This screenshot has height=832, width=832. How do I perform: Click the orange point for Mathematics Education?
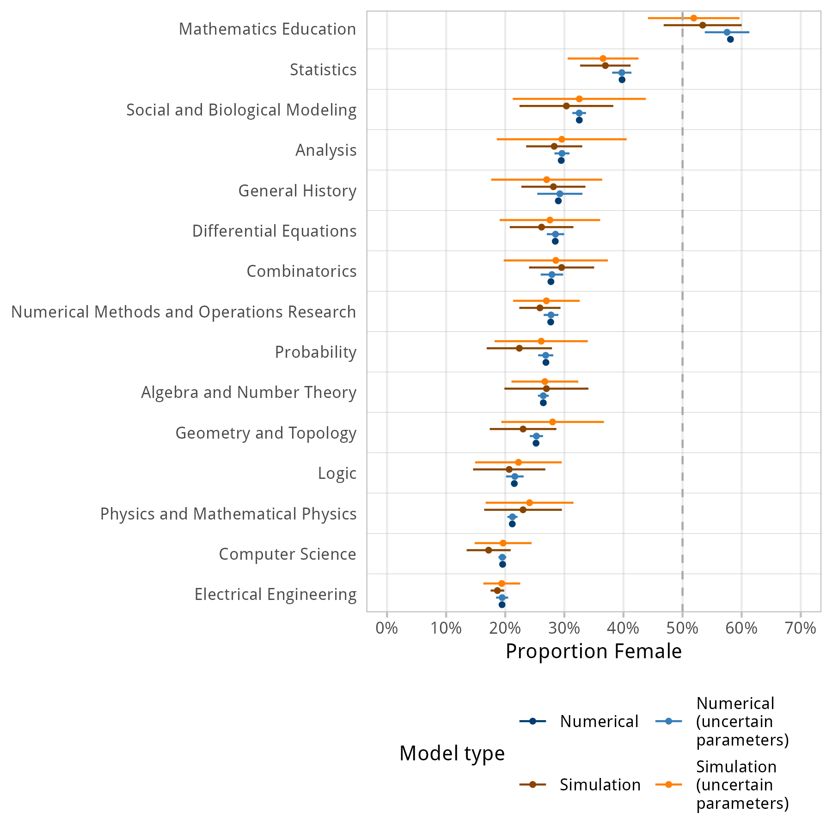(693, 18)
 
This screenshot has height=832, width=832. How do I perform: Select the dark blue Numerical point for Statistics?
(622, 80)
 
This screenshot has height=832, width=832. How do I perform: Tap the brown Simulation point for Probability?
(519, 348)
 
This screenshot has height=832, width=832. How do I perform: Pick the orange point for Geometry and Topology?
(552, 422)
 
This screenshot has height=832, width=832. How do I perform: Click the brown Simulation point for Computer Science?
(489, 550)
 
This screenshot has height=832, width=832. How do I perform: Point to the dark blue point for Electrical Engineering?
(502, 605)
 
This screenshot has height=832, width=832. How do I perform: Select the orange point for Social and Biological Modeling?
(579, 99)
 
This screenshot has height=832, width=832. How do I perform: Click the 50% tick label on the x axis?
(682, 628)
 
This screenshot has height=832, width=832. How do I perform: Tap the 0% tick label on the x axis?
(387, 628)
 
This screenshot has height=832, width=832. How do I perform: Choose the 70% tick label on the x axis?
(801, 628)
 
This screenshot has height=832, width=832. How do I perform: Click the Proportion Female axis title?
(593, 651)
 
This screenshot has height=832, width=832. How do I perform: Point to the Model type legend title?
(452, 753)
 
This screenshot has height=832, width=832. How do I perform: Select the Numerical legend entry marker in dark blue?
(532, 721)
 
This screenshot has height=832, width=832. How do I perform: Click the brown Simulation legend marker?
(532, 784)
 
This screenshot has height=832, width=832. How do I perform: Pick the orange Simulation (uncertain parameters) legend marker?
(669, 784)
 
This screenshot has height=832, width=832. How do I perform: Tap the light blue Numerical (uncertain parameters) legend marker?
(669, 721)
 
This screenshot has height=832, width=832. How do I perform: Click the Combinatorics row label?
(301, 271)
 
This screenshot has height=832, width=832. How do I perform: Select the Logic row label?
(337, 473)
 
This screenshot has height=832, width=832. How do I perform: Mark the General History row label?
(297, 191)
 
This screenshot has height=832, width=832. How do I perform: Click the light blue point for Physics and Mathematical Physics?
(512, 517)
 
